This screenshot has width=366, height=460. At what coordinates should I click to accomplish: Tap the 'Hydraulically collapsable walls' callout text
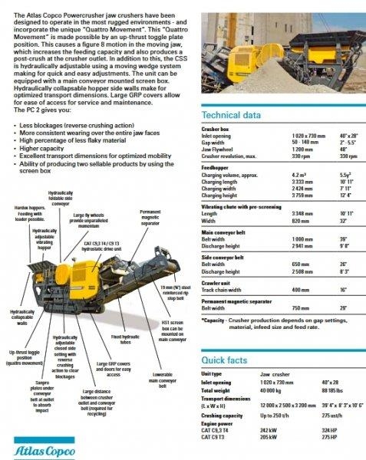click(21, 317)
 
